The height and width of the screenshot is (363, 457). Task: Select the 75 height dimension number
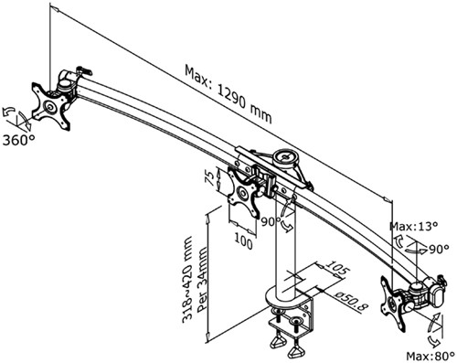pyautogui.click(x=208, y=176)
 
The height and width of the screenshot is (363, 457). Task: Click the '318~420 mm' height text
pyautogui.click(x=188, y=273)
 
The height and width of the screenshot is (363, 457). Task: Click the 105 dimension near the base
pyautogui.click(x=336, y=267)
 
